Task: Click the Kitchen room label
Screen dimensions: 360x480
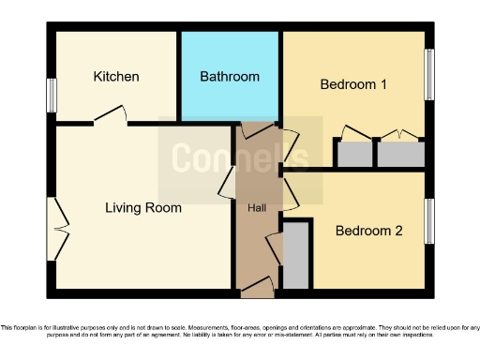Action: (116, 76)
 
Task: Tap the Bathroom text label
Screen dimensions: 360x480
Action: (230, 76)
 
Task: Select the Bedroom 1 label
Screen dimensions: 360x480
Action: (353, 84)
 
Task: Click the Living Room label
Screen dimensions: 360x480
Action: (142, 207)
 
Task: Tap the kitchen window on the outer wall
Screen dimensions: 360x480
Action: (52, 95)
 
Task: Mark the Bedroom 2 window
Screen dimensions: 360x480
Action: (430, 220)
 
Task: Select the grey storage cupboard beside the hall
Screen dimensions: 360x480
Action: (295, 255)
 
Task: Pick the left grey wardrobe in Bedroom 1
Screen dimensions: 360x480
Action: (353, 153)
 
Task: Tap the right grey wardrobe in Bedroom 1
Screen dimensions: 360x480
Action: (401, 153)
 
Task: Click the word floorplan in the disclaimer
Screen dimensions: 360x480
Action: (30, 327)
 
